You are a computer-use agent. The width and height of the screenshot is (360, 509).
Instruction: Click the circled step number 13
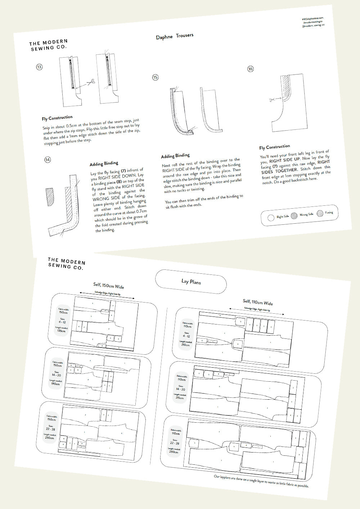[39, 67]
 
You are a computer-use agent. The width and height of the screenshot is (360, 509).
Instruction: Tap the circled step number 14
[48, 160]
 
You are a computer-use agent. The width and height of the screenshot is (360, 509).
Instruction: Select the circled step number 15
[155, 77]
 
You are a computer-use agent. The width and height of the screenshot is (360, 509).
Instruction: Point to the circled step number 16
[251, 69]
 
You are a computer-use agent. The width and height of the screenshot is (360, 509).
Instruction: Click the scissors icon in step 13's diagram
[91, 82]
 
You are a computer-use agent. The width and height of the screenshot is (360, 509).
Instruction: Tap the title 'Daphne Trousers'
[175, 36]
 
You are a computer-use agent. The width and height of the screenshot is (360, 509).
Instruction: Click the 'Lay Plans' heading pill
[191, 282]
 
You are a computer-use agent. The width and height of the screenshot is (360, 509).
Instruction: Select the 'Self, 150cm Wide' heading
[108, 286]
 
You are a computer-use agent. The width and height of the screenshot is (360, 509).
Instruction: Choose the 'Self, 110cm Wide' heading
[258, 302]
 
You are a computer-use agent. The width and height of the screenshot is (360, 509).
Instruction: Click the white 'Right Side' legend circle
[271, 218]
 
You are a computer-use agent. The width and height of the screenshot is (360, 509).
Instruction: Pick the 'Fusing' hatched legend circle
[320, 213]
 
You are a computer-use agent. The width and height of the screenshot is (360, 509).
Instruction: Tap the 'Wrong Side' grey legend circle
[294, 215]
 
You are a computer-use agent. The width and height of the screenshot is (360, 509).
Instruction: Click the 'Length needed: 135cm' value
[62, 331]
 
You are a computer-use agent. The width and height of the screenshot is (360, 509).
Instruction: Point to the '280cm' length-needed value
[174, 452]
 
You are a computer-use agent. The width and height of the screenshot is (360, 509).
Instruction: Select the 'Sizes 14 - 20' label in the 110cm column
[180, 389]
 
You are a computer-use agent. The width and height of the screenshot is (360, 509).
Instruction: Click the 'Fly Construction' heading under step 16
[274, 147]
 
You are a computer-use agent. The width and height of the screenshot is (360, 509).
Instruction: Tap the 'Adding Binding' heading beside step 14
[104, 164]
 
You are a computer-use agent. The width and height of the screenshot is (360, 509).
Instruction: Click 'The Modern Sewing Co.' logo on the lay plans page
[66, 263]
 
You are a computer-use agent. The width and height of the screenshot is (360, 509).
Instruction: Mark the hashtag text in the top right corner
[312, 18]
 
